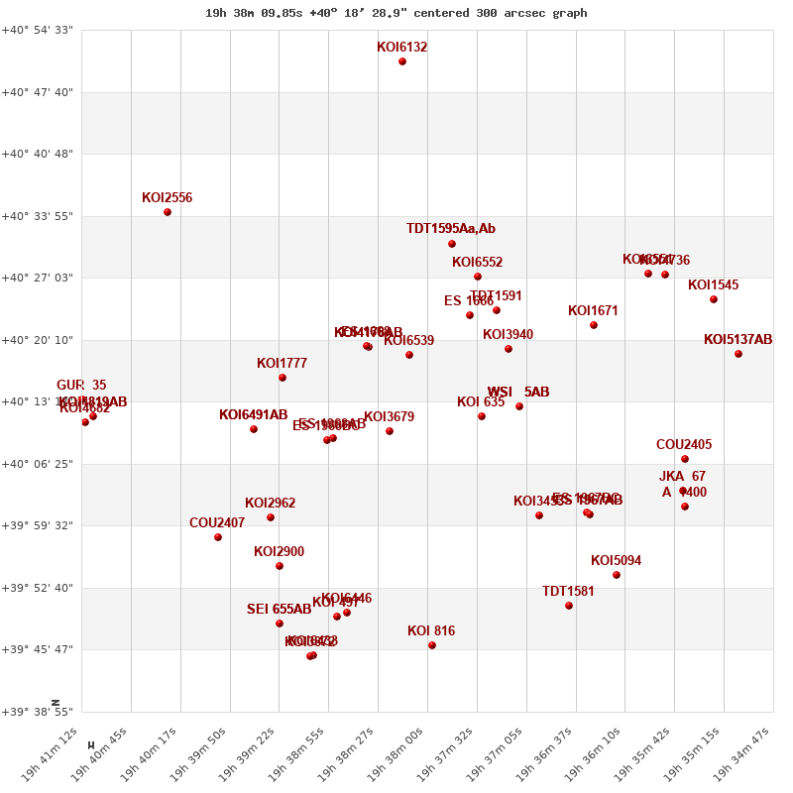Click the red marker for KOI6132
[x=402, y=61]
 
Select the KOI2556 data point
[x=168, y=212]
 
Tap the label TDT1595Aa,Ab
[x=450, y=229]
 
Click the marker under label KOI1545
[x=714, y=299]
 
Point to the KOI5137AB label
[x=737, y=340]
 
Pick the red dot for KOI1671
[x=594, y=325]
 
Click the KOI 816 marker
[x=432, y=645]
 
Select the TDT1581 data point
[x=569, y=606]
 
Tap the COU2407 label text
[x=217, y=523]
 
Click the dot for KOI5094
[x=617, y=575]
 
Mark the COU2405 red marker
[x=685, y=459]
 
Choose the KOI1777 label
[x=282, y=364]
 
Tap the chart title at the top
[x=396, y=13]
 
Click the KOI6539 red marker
[x=409, y=355]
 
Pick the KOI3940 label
[x=508, y=335]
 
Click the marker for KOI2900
[x=280, y=566]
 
